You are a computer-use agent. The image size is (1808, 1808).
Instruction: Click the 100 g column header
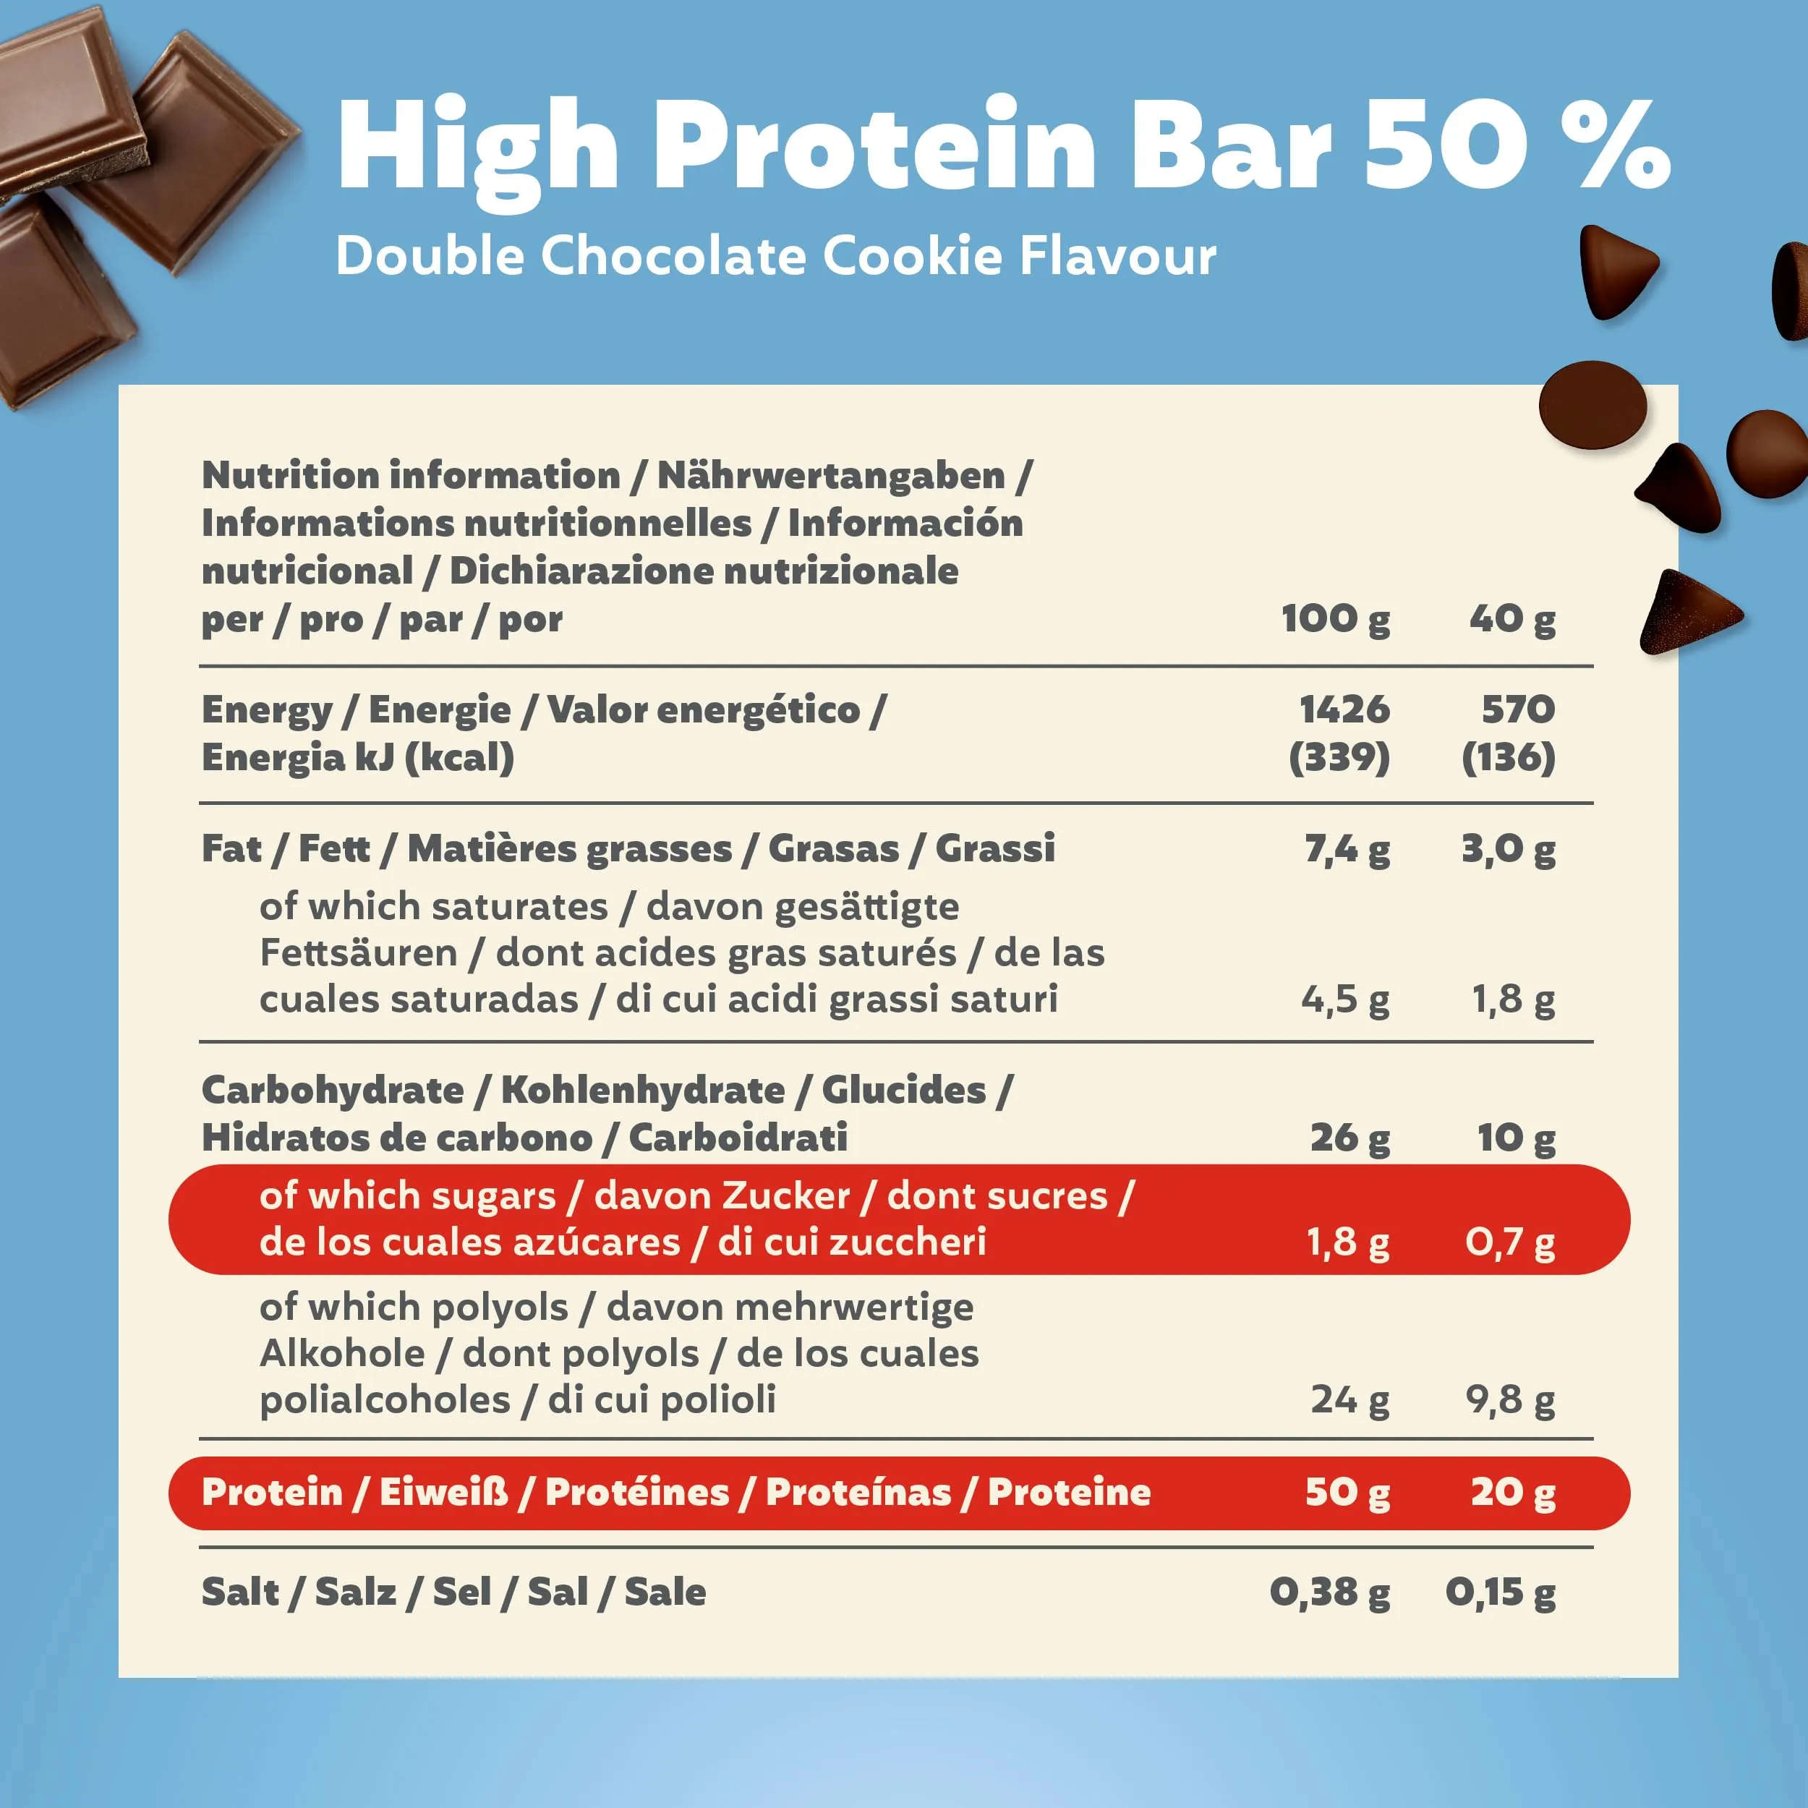point(1336,618)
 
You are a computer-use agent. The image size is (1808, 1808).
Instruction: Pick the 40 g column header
point(1512,618)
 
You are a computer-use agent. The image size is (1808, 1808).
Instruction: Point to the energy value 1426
point(1344,709)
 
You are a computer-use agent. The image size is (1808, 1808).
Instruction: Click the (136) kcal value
point(1509,757)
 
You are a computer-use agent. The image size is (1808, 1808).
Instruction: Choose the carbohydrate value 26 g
point(1350,1138)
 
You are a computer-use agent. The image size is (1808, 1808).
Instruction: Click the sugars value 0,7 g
point(1511,1242)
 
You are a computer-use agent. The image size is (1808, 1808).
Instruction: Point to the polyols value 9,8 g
point(1511,1400)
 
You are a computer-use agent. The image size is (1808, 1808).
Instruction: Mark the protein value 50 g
point(1347,1492)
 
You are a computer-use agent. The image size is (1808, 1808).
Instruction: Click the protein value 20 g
point(1513,1492)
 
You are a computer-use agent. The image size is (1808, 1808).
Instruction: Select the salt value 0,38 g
point(1330,1592)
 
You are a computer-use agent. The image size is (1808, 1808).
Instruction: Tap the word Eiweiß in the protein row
point(443,1492)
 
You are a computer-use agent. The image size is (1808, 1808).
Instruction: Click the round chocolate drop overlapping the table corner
point(1592,405)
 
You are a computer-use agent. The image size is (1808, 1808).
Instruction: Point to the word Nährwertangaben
point(831,475)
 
